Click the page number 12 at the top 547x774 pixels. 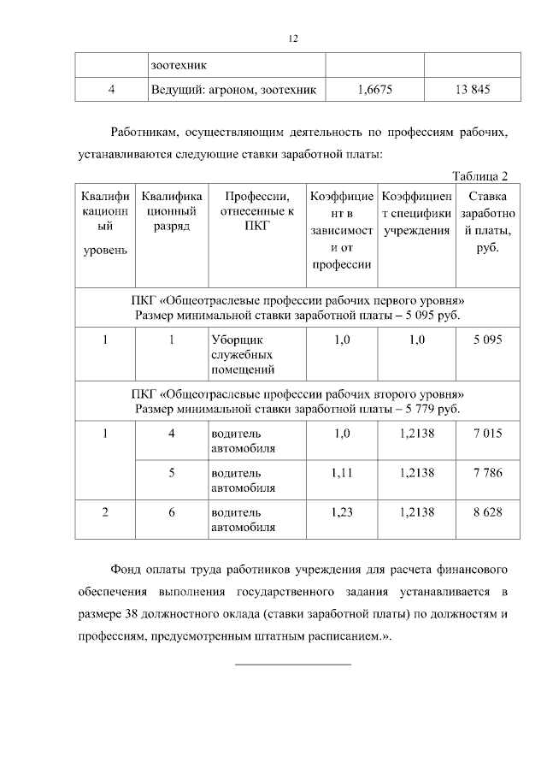[x=292, y=38]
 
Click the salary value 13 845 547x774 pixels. [x=473, y=89]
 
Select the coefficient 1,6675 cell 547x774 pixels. [x=373, y=89]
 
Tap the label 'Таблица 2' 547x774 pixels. [x=479, y=176]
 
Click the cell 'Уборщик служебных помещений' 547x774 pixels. [x=243, y=355]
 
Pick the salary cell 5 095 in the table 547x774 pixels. [x=487, y=340]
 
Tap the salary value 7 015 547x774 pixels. [x=487, y=434]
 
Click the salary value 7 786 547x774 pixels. [x=487, y=472]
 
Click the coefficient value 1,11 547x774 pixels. [x=342, y=472]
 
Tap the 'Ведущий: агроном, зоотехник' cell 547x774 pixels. [x=233, y=89]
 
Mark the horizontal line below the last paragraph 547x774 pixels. [x=292, y=664]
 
